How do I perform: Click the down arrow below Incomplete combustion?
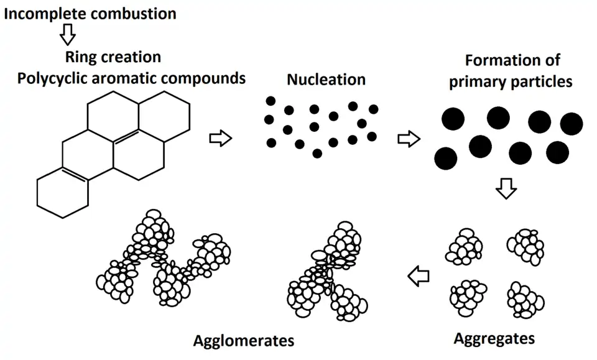click(67, 35)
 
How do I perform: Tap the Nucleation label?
click(326, 80)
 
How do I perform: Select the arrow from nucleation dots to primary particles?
click(408, 138)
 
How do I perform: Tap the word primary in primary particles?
click(477, 81)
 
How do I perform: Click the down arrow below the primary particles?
click(507, 189)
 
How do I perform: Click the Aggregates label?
click(494, 339)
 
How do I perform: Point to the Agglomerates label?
click(243, 341)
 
